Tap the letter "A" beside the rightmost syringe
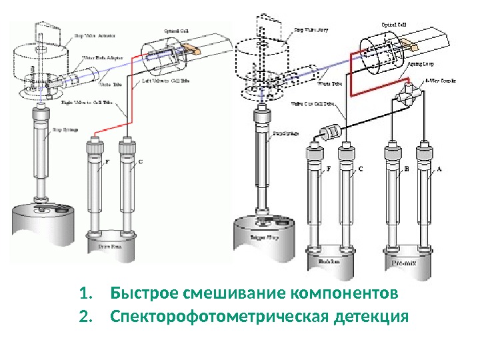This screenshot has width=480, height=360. [x=438, y=170]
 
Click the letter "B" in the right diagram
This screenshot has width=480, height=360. [x=407, y=170]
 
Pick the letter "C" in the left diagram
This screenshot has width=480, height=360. [x=140, y=162]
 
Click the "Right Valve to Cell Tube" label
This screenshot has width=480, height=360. [x=98, y=103]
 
